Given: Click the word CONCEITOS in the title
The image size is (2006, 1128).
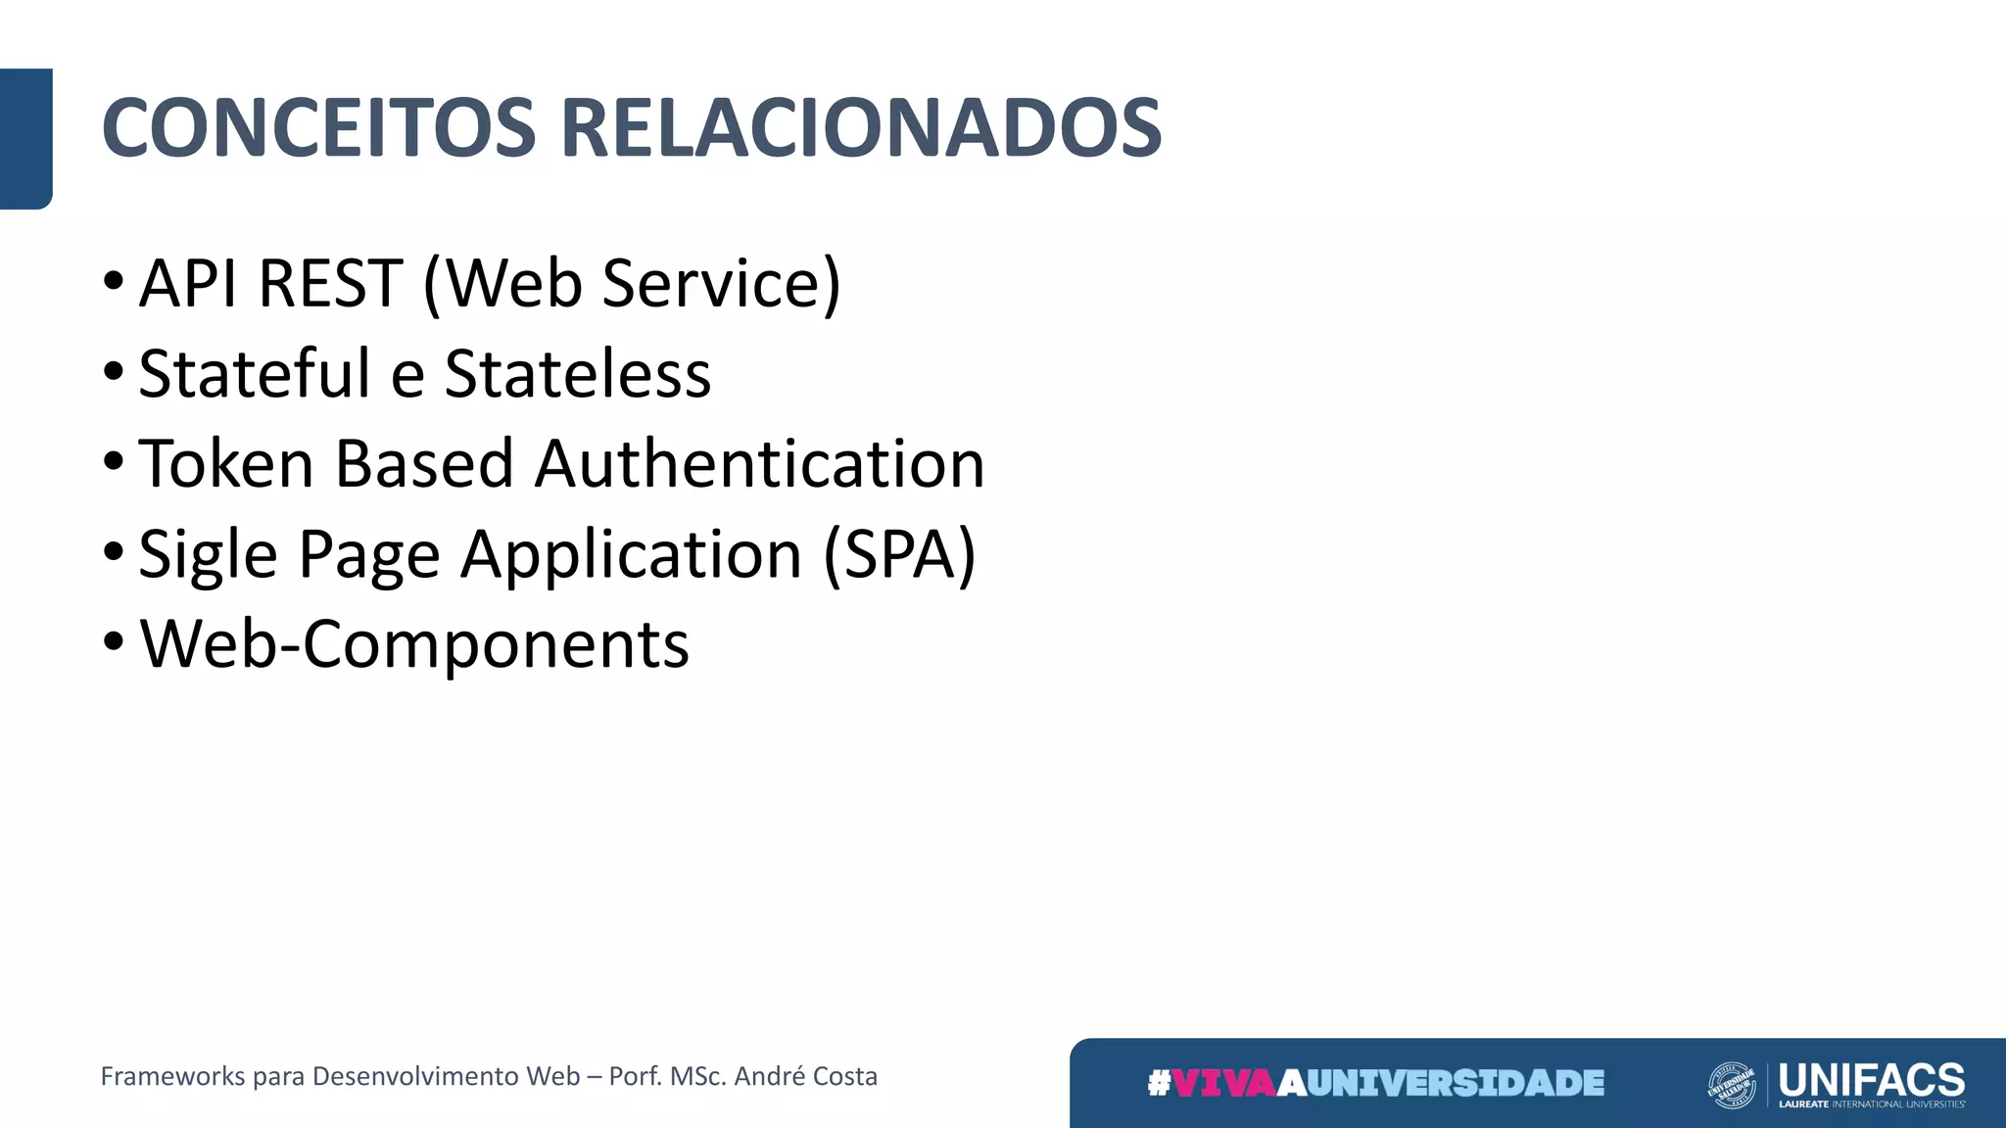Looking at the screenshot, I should point(318,128).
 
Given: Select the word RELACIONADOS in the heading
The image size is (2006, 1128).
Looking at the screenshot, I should point(861,128).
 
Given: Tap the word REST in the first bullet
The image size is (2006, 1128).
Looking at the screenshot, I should point(331,284).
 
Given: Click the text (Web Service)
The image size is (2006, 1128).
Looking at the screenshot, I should point(632,284).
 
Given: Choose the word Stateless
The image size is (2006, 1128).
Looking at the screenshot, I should point(578,374).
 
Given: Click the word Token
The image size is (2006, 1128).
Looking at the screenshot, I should point(226,464).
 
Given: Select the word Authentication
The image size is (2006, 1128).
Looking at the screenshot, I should point(760,464).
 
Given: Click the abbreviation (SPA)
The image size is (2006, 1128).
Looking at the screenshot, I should point(899,555).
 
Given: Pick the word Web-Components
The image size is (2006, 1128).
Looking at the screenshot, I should point(414,645).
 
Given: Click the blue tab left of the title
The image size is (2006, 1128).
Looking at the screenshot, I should point(25,138).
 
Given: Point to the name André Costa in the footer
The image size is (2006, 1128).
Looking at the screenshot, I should point(806,1076).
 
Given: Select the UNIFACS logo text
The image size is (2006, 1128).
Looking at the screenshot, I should point(1871,1080).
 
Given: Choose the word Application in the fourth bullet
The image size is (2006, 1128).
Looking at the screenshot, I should point(632,555).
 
